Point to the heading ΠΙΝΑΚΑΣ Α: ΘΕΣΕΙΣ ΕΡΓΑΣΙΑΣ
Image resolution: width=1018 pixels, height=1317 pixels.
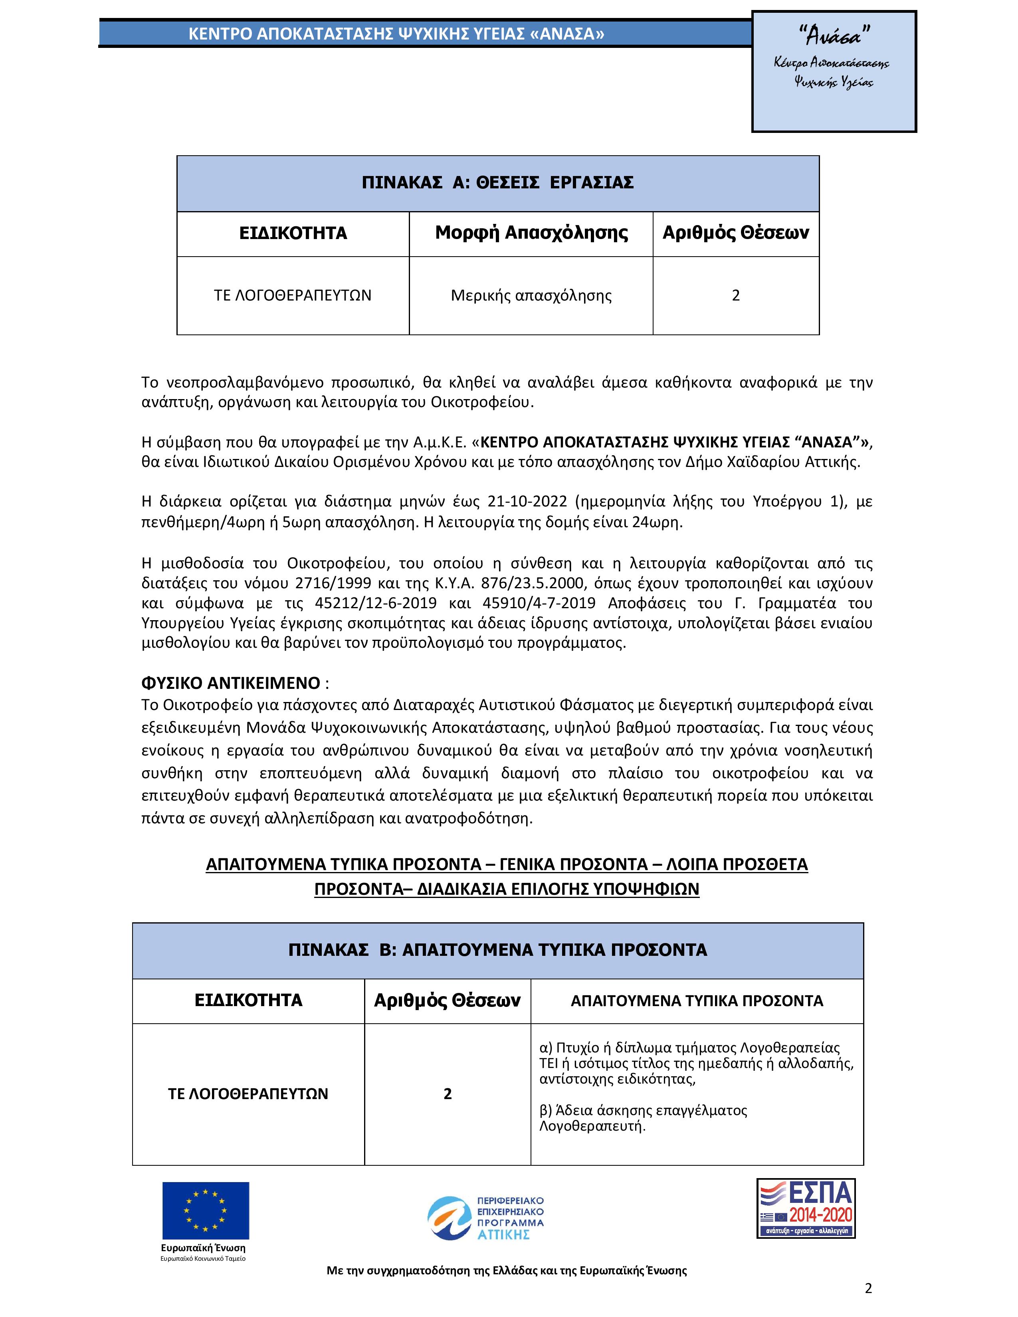497,183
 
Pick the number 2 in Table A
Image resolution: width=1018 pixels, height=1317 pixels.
736,295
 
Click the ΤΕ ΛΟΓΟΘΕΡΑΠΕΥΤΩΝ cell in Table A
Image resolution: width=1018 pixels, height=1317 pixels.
293,295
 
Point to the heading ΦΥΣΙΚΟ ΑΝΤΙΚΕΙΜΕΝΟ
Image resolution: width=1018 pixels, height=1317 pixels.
230,683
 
